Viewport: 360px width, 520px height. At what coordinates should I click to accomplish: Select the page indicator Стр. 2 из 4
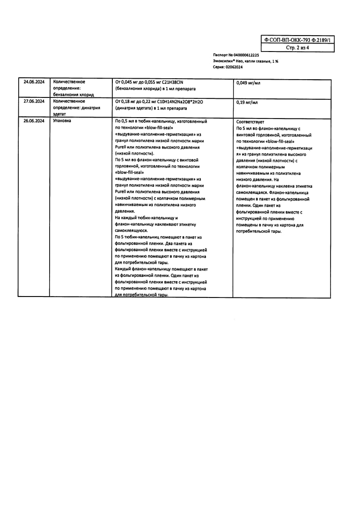coord(297,48)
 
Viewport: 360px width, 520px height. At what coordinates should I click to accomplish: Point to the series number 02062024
coord(234,67)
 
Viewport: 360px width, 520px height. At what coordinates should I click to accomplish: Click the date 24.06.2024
coord(34,82)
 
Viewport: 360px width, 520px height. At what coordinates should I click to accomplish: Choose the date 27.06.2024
coord(34,101)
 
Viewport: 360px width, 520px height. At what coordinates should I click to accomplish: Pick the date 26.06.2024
coord(34,121)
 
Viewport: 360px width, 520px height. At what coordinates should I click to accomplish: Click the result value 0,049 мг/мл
coord(248,83)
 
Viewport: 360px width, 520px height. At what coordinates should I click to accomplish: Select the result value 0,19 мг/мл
coord(247,102)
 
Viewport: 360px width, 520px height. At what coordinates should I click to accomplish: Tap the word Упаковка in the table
coord(62,121)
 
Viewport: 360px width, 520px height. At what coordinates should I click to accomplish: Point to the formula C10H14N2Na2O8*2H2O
coord(178,101)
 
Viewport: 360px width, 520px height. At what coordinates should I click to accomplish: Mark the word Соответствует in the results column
coord(250,122)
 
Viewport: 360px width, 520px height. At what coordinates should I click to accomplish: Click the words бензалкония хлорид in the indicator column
coord(73,95)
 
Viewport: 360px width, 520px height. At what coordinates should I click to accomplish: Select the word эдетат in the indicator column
coord(61,114)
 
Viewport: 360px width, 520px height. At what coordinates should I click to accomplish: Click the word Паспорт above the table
coord(220,55)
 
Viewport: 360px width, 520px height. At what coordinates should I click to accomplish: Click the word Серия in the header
coord(218,67)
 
